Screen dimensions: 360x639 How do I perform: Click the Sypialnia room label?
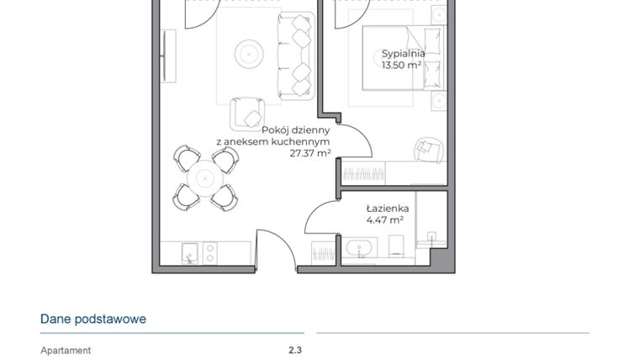[x=403, y=53]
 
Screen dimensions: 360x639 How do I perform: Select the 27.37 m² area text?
[x=309, y=153]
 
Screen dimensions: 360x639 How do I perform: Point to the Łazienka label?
[x=387, y=208]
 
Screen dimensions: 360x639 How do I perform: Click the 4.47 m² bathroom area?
[x=385, y=220]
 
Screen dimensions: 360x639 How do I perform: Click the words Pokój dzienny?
[x=295, y=130]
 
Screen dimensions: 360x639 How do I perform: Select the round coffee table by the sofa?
[x=248, y=54]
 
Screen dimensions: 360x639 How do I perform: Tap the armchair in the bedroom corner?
[x=428, y=148]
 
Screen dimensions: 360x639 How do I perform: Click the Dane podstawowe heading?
[x=93, y=319]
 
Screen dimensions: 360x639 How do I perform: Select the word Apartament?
[x=66, y=351]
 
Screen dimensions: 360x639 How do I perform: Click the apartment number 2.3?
[x=294, y=351]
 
